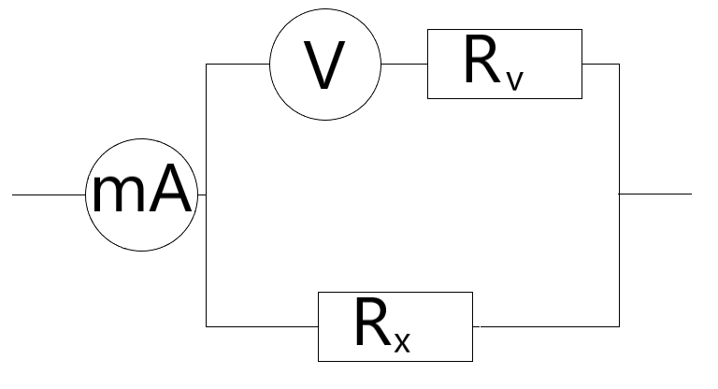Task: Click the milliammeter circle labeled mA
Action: click(140, 194)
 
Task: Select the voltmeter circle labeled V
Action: click(325, 65)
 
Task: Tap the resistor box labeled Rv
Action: click(504, 65)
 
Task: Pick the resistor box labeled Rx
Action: click(395, 326)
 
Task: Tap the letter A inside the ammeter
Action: click(170, 194)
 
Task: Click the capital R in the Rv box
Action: click(482, 62)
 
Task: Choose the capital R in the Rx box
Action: click(373, 324)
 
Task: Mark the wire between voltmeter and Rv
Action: click(404, 65)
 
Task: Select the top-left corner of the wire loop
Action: click(206, 65)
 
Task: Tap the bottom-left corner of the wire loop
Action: click(206, 326)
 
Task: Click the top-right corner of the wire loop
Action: click(619, 65)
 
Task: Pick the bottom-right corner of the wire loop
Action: click(619, 326)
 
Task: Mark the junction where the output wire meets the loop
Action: click(619, 194)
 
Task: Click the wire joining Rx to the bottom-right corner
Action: click(546, 326)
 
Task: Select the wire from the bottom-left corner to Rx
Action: click(262, 326)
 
